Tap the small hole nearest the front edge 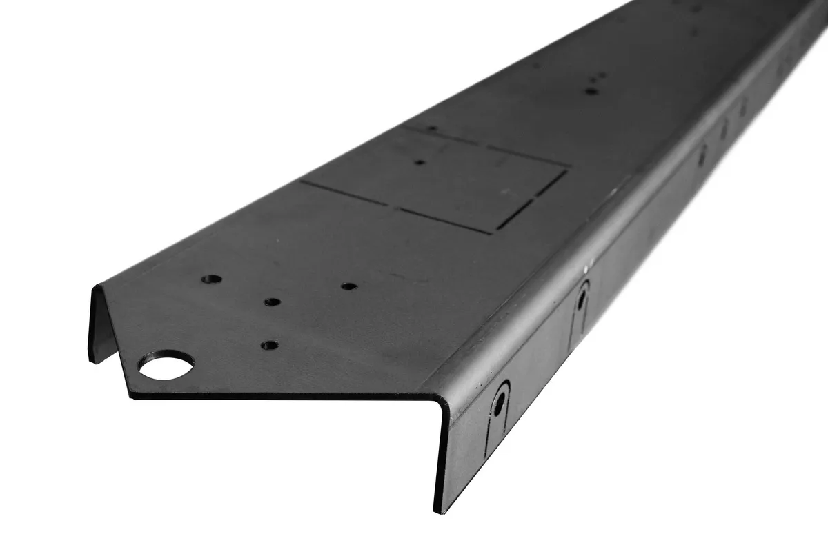[270, 344]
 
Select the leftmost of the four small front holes [211, 279]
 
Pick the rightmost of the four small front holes [349, 286]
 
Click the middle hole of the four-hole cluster [273, 302]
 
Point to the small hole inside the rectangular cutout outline [420, 163]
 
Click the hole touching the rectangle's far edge [432, 128]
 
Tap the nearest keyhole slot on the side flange [499, 400]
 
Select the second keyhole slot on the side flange [582, 298]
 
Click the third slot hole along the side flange [702, 156]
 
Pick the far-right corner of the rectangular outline [566, 167]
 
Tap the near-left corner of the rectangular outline [302, 182]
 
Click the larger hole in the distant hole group [591, 90]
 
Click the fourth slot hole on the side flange [724, 129]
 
